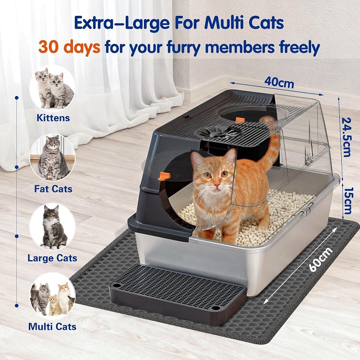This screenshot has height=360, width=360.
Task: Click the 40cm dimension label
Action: pos(279,83)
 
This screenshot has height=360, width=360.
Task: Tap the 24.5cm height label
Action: pos(346,137)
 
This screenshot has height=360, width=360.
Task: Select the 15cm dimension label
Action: pos(347,201)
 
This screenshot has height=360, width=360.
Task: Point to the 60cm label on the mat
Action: pos(321,259)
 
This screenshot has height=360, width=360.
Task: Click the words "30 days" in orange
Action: pos(69,47)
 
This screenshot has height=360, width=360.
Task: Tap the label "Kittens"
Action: pos(53,118)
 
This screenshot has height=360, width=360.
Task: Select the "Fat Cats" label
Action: pos(53,189)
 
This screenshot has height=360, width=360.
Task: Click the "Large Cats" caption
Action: pos(52,258)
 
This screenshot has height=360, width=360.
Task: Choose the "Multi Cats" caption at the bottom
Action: pos(52,326)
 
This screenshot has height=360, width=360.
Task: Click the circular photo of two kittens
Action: pos(53,89)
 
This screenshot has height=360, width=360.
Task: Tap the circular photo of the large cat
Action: pos(53,227)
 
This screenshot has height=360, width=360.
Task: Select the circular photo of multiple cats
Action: pos(53,296)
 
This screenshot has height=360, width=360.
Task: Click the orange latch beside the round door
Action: pos(164,176)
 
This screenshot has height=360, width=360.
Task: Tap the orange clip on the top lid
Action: pos(240,120)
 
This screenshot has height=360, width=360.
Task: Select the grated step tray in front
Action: pos(178,294)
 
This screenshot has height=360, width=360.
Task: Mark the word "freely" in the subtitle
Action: pos(300,48)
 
